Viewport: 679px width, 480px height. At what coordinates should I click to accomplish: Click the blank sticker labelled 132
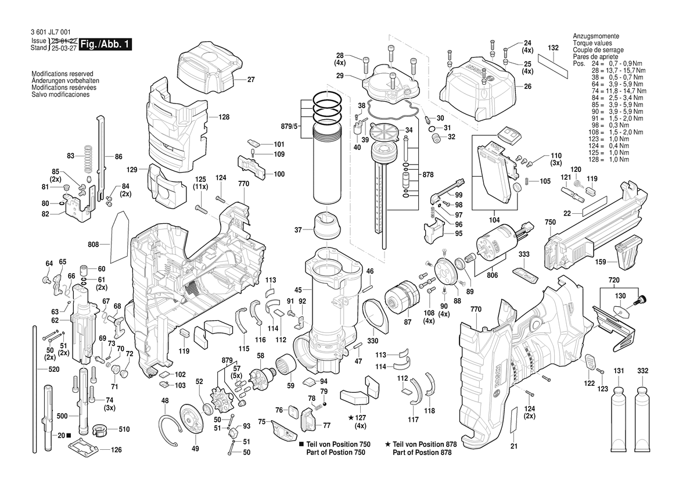[553, 63]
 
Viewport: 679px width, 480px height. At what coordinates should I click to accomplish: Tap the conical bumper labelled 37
[328, 226]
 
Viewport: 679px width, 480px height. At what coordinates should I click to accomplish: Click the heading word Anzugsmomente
[595, 36]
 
